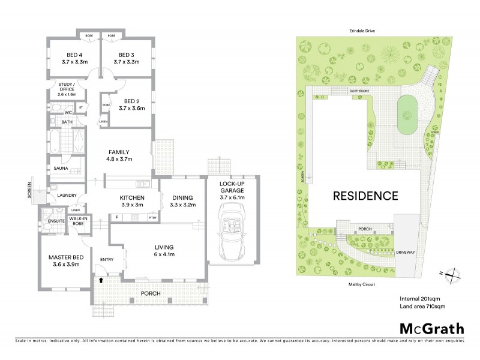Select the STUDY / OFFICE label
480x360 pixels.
point(67,91)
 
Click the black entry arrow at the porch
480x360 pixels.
point(101,280)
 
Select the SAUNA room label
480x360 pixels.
point(59,169)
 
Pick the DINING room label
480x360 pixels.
point(183,201)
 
